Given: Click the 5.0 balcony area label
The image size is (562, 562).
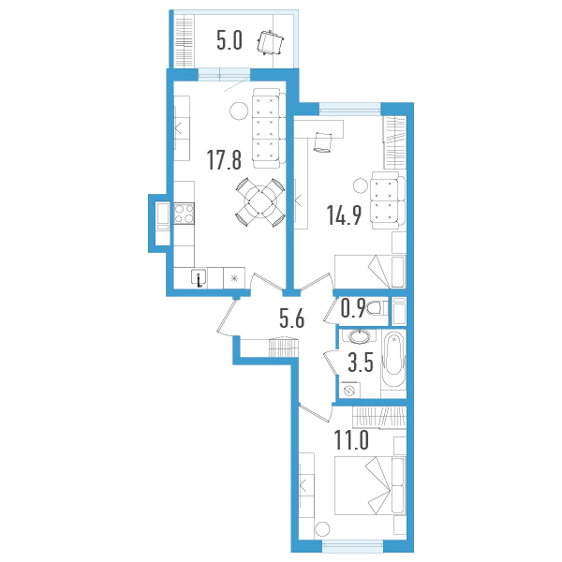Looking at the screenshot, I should point(229,41).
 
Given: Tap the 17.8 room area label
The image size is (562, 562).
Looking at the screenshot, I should point(225,161).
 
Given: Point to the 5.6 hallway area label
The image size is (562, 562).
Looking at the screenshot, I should point(292,319).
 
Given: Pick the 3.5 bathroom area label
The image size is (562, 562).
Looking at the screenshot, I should point(361,363).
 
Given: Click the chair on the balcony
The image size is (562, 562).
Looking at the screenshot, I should point(271,43).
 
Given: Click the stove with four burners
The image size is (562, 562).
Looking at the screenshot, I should point(184,215).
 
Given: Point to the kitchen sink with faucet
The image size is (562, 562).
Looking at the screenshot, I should point(200,277).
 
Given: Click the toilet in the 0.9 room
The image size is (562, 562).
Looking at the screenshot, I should point(375,308).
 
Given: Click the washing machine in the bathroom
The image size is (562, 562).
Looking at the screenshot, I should point(352,389).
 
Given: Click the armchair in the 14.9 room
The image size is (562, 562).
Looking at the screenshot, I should point(384,200).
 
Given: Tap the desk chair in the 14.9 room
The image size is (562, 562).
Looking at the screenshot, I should point(324,141).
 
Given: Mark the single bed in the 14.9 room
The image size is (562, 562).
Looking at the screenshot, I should point(370,271).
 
